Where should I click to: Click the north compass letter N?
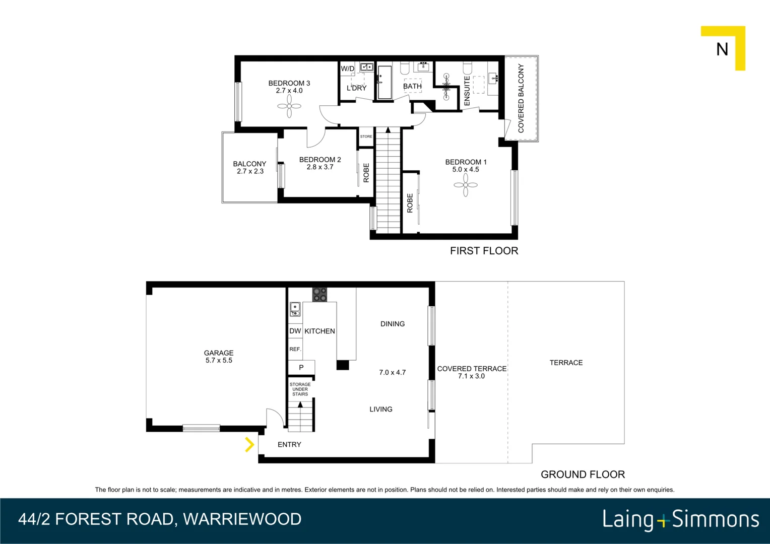(x=722, y=49)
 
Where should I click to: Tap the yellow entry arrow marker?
(x=249, y=444)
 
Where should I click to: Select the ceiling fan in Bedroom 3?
(x=289, y=106)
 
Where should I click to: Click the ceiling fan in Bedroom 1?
(x=466, y=185)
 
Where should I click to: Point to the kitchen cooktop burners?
(x=319, y=295)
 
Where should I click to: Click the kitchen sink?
(x=295, y=309)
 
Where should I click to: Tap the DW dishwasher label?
(x=295, y=331)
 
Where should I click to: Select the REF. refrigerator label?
(x=295, y=349)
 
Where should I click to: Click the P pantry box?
(x=301, y=367)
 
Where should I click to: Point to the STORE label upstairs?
(x=366, y=137)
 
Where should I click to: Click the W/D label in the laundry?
(x=348, y=69)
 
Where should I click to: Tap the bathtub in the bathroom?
(x=384, y=82)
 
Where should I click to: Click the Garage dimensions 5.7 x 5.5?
(x=219, y=361)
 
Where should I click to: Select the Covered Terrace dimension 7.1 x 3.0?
(x=471, y=376)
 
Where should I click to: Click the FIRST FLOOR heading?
(x=484, y=251)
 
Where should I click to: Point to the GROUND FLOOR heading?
(x=583, y=474)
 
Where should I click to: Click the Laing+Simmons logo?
(x=681, y=519)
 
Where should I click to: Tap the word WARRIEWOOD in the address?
(x=242, y=519)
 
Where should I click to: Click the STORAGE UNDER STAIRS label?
(x=300, y=389)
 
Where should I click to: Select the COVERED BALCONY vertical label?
(x=521, y=98)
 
